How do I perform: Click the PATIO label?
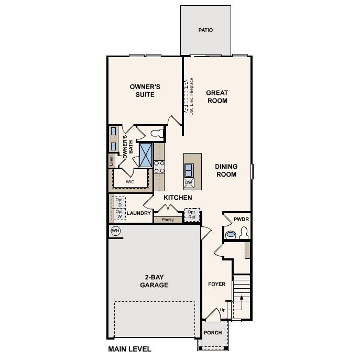click(x=205, y=30)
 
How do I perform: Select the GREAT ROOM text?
click(x=216, y=96)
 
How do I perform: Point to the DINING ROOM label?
click(x=226, y=170)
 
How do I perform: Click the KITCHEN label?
click(x=178, y=198)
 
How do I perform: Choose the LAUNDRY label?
click(x=138, y=213)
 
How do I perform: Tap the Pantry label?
click(x=168, y=220)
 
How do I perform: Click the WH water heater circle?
click(x=115, y=231)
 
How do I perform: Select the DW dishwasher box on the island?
click(x=189, y=183)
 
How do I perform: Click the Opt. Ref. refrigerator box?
click(x=192, y=215)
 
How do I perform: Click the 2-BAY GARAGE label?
click(x=154, y=281)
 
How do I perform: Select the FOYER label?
click(x=216, y=284)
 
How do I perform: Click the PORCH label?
click(x=213, y=333)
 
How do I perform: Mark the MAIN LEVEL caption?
click(x=129, y=349)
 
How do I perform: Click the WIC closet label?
click(x=130, y=182)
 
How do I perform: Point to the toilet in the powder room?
click(x=243, y=233)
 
